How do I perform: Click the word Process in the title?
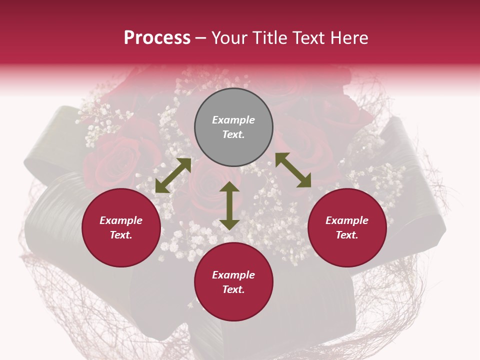tap(157, 38)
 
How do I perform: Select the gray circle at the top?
tap(233, 127)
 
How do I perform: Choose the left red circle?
tap(121, 228)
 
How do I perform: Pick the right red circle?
tap(347, 228)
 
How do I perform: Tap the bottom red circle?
tap(233, 282)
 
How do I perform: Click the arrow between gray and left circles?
tap(173, 175)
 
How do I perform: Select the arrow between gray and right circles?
tap(293, 170)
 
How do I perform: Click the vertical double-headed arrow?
tap(229, 206)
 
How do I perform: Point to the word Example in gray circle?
tap(233, 120)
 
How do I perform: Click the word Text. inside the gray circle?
tap(233, 134)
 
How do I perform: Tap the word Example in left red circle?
tap(121, 220)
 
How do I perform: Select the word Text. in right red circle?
tap(347, 235)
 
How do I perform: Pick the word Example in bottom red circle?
tap(233, 275)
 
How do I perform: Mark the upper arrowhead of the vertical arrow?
tap(229, 187)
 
